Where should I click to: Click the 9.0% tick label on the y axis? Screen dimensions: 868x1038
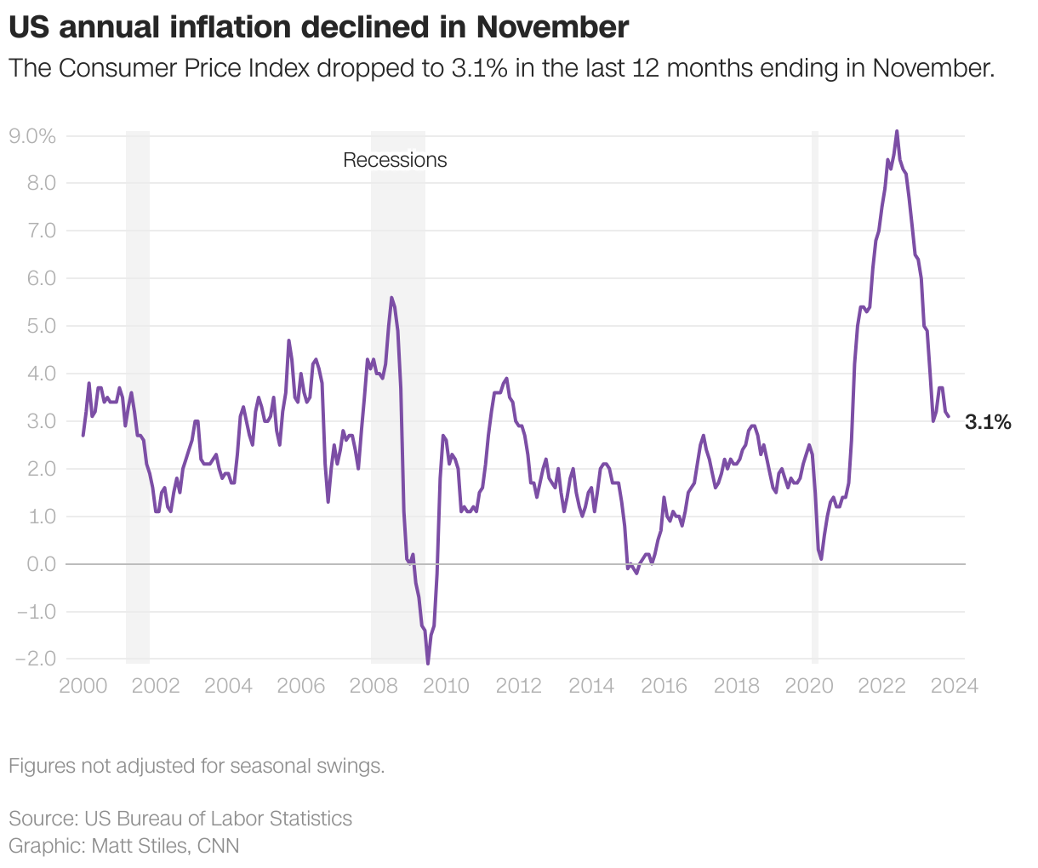coord(31,136)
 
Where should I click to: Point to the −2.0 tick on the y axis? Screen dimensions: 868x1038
coord(35,659)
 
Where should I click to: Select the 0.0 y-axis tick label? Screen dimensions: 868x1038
coord(40,563)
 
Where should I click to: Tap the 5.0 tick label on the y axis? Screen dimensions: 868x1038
coord(40,326)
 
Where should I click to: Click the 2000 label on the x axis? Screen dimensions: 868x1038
coord(83,685)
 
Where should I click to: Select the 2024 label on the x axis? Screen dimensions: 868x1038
coord(954,685)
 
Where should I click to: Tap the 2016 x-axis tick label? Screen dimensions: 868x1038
coord(664,685)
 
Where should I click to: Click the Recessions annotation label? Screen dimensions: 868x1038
coord(395,160)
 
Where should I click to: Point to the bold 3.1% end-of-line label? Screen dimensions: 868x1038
coord(988,422)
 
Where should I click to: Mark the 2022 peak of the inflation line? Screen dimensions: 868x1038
coord(897,132)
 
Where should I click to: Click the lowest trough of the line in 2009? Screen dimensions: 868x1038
coord(428,661)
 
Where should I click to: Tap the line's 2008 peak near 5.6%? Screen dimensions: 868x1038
coord(391,298)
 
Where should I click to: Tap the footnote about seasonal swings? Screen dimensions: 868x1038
coord(197,766)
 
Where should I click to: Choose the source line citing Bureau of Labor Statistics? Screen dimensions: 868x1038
coord(180,819)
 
